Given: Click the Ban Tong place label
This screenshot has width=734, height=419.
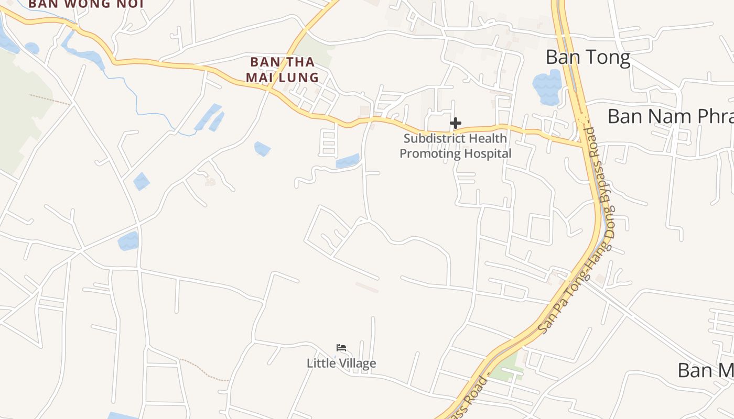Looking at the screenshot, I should coord(588,57).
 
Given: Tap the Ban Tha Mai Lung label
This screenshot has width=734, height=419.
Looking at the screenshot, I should coord(283,70).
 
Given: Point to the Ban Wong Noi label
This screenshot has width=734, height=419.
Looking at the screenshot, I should coord(85,4).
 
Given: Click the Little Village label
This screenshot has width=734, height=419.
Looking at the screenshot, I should coord(341,363).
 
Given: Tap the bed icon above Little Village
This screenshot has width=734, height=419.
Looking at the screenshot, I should coord(341,348).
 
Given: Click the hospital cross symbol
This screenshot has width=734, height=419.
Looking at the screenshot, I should coord(456,124).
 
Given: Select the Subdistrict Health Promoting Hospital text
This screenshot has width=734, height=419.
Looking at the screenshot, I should coord(455,146).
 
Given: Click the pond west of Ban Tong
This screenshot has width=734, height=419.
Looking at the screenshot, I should coord(547,87).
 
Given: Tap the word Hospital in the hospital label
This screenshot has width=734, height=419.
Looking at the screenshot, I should coord(485,153).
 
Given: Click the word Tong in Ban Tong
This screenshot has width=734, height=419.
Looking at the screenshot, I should coord(609,57).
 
